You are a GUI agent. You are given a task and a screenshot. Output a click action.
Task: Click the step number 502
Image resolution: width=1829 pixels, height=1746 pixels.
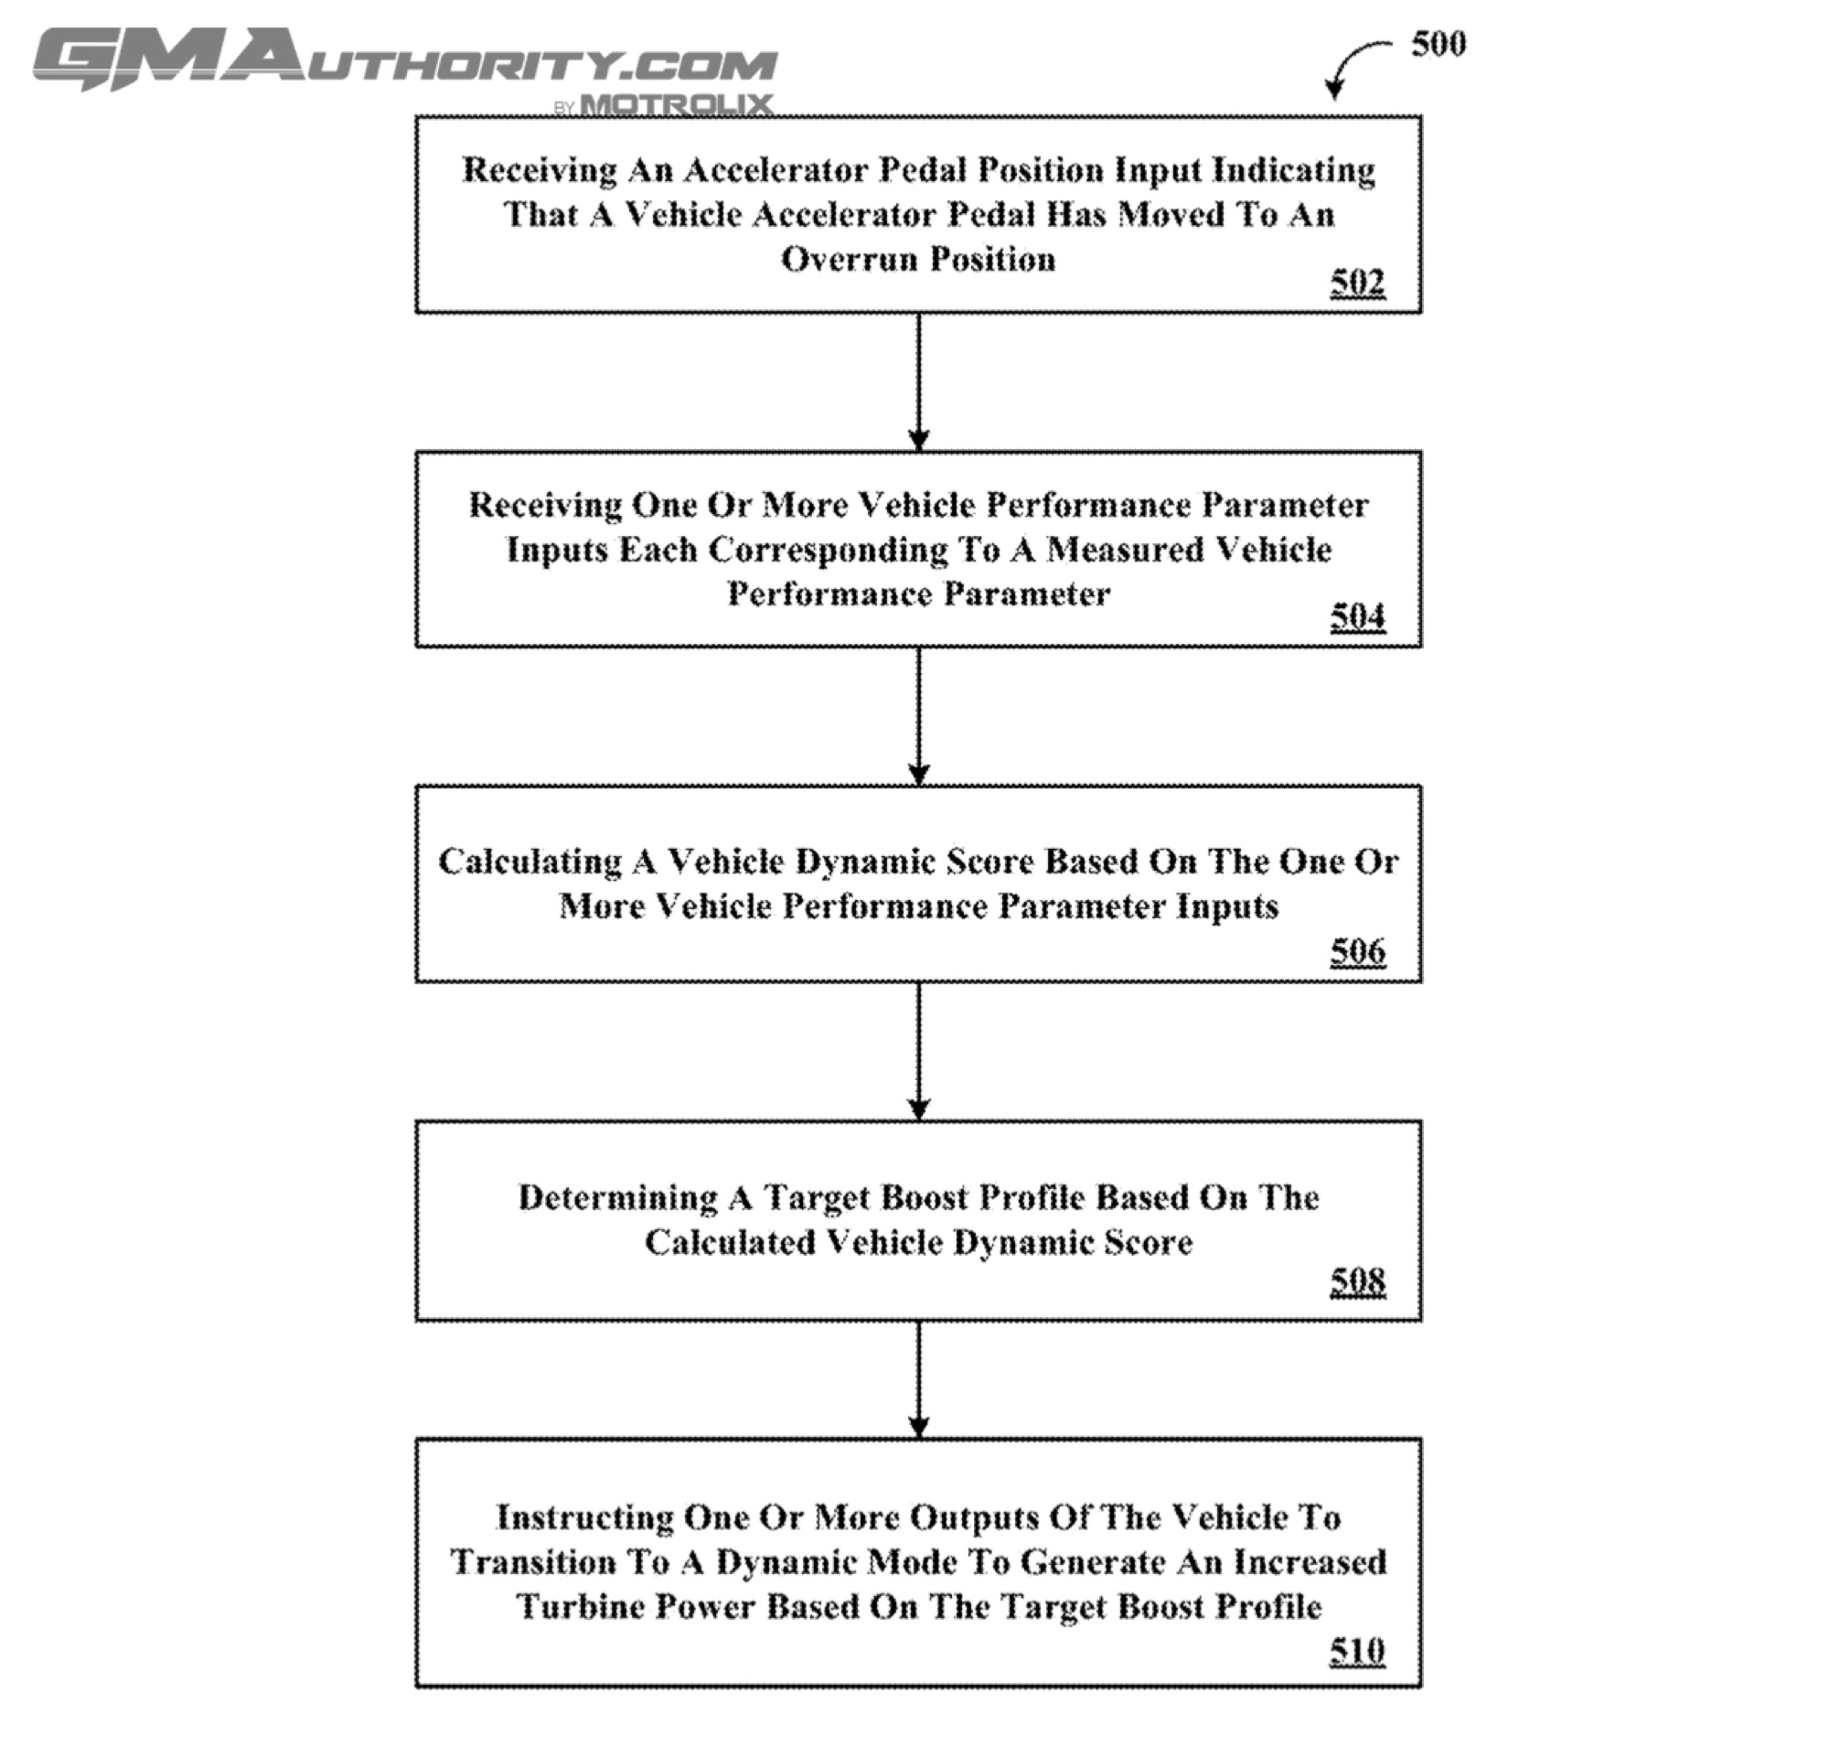(x=1356, y=281)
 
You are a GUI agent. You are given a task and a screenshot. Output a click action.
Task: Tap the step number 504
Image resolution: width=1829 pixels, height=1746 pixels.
(x=1356, y=616)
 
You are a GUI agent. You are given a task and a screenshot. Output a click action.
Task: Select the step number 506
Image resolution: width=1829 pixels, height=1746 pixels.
(x=1356, y=950)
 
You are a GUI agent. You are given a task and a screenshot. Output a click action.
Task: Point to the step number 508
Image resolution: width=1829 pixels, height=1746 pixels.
(x=1356, y=1281)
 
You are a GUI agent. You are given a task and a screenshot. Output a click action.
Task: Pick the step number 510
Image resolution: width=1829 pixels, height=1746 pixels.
(x=1356, y=1650)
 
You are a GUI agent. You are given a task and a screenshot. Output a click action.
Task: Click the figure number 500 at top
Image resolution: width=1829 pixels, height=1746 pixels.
(x=1439, y=44)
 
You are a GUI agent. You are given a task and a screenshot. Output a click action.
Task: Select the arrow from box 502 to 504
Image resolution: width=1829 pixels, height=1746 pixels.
(x=918, y=381)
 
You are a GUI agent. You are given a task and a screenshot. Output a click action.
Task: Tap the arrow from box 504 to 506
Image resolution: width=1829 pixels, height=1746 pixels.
(x=918, y=716)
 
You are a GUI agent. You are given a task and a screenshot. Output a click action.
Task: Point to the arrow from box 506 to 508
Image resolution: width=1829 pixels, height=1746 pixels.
(x=918, y=1051)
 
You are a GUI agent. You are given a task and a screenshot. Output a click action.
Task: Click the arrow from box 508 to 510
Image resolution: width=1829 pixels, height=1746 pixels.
(x=918, y=1379)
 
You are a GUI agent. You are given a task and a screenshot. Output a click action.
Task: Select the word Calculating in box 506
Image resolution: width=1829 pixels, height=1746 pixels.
(x=529, y=862)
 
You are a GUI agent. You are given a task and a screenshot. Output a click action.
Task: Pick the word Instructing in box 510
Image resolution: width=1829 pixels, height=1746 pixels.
(x=583, y=1518)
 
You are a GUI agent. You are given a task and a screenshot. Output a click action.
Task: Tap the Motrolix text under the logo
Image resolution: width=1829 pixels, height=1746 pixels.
(x=676, y=104)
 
